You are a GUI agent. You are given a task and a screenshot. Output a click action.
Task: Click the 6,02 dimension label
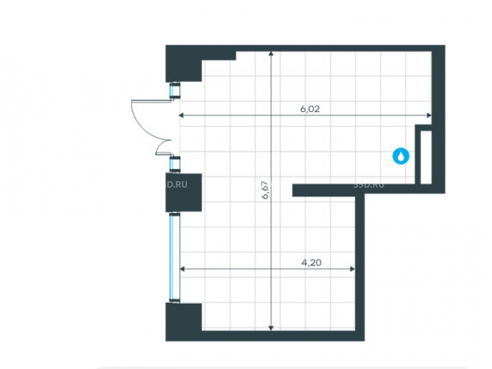(x=310, y=109)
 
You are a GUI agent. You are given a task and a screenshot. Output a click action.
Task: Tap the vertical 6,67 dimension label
(x=265, y=189)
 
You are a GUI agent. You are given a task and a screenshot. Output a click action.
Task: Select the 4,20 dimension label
(x=311, y=263)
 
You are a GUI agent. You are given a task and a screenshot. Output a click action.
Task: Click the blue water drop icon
(x=400, y=156)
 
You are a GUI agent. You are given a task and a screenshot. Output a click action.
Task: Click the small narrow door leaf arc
(x=162, y=147)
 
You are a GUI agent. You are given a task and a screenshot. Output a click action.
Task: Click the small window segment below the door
(x=173, y=164)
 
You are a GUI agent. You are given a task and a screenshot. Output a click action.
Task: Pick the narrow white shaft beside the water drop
(x=426, y=157)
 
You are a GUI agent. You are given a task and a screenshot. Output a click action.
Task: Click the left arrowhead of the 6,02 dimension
(x=181, y=115)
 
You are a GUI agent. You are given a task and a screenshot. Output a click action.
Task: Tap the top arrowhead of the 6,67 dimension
(x=271, y=54)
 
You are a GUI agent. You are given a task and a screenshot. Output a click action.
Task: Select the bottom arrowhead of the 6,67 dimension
(x=271, y=328)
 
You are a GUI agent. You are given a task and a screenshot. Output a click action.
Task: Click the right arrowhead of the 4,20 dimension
(x=352, y=269)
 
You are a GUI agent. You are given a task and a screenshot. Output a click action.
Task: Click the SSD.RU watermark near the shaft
(x=369, y=185)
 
